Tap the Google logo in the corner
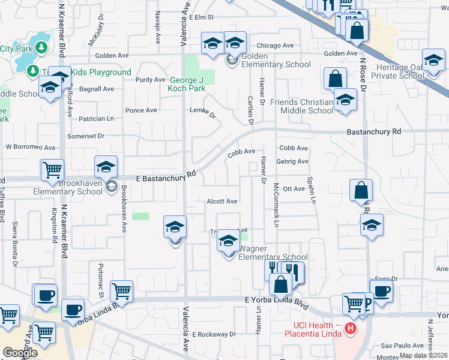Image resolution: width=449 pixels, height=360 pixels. point(19,353)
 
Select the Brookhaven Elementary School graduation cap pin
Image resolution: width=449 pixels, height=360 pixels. point(106,167)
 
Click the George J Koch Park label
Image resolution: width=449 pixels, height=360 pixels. point(186,84)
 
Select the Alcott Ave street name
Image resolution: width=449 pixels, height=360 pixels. point(221,202)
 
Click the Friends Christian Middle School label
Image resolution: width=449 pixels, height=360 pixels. point(301,106)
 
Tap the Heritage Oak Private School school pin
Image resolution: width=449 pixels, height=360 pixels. point(433,61)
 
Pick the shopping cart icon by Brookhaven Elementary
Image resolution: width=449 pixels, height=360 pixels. point(52,170)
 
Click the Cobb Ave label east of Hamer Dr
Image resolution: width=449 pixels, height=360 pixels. point(294,148)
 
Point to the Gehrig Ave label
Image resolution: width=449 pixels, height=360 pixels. point(292,161)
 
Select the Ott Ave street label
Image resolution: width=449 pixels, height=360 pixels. point(294,188)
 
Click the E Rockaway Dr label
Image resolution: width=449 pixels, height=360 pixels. point(214,334)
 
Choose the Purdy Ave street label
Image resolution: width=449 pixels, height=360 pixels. point(150,79)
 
